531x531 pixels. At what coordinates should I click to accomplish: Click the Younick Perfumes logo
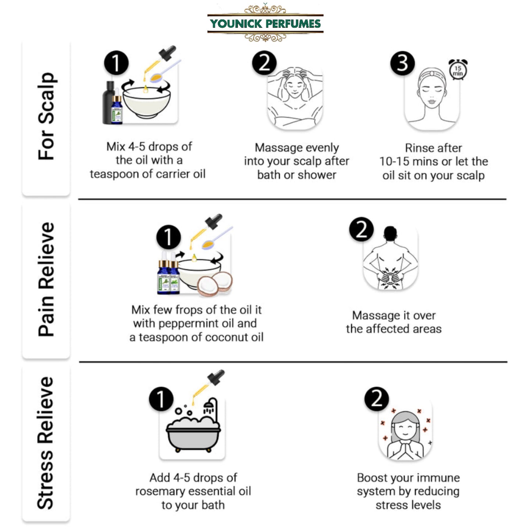click(265, 24)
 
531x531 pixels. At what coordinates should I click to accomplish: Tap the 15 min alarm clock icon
click(458, 69)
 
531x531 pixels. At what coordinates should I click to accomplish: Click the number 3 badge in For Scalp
click(402, 63)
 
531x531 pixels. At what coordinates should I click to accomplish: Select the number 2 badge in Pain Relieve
click(361, 229)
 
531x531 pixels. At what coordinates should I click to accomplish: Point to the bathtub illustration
click(193, 430)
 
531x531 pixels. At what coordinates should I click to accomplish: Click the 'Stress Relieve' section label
click(46, 442)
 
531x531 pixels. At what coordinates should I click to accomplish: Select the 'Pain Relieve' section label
click(46, 279)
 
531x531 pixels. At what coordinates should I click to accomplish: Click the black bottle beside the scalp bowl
click(108, 103)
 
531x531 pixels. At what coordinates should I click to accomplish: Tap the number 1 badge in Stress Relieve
click(161, 399)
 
